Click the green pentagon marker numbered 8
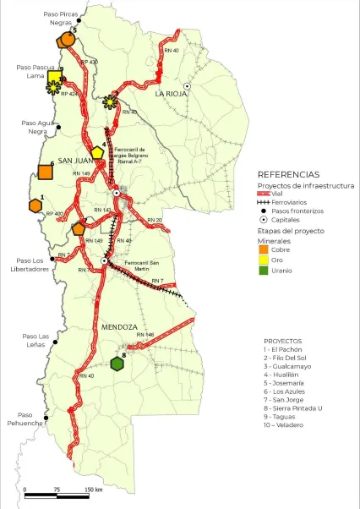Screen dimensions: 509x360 [118, 364]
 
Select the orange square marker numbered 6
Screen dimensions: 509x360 [46, 172]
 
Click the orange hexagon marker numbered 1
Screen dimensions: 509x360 [35, 206]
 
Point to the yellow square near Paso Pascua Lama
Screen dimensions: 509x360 [54, 79]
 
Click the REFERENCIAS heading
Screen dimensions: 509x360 [287, 172]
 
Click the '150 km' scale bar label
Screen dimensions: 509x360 [94, 490]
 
